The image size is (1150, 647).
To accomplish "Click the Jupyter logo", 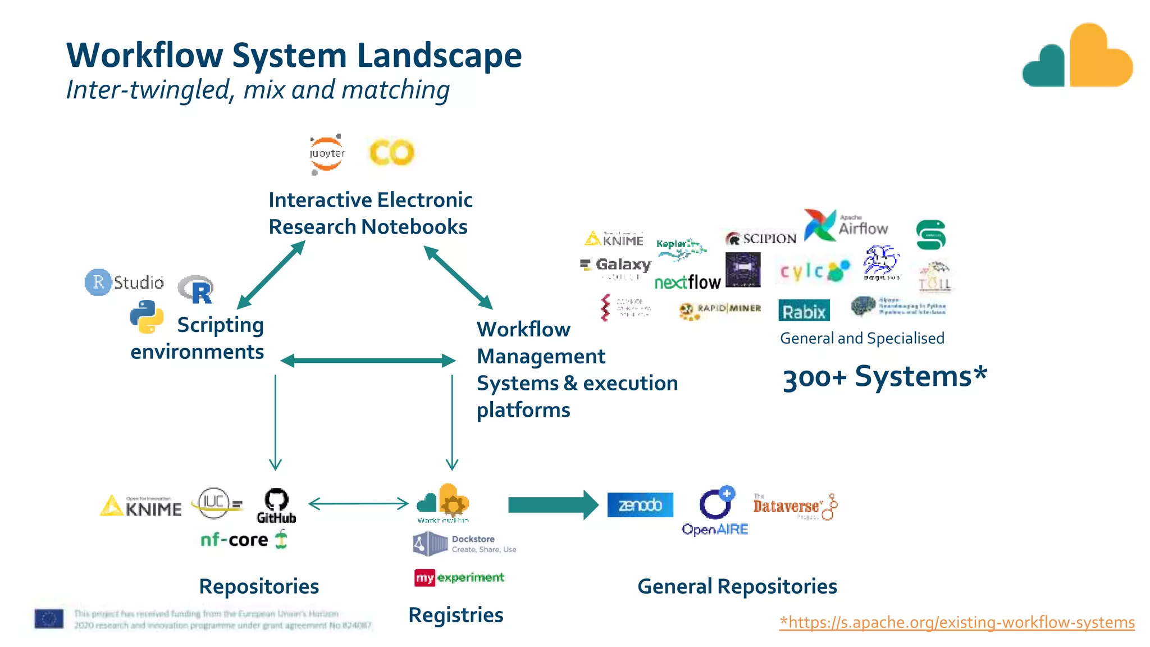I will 327,153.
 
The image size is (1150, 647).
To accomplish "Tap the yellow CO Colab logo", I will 391,152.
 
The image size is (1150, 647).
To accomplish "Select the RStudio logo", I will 125,282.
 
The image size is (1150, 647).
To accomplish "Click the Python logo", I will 147,317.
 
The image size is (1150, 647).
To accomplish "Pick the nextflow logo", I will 687,282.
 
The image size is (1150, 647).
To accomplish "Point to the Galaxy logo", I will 617,265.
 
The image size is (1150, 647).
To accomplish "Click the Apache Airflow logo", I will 846,225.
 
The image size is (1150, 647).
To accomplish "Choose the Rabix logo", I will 804,311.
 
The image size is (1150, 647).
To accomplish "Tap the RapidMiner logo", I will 720,310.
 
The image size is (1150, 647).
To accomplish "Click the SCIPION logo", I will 761,239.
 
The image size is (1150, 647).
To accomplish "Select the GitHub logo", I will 276,506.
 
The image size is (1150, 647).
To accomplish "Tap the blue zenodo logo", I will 640,505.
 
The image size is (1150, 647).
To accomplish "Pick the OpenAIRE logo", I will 715,512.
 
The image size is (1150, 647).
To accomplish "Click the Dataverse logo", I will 794,507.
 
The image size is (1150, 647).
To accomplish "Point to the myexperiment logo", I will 459,577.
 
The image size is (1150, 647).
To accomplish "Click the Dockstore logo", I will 464,544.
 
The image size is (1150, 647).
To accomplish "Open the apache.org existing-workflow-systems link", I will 957,622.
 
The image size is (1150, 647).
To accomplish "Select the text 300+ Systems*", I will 884,377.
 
